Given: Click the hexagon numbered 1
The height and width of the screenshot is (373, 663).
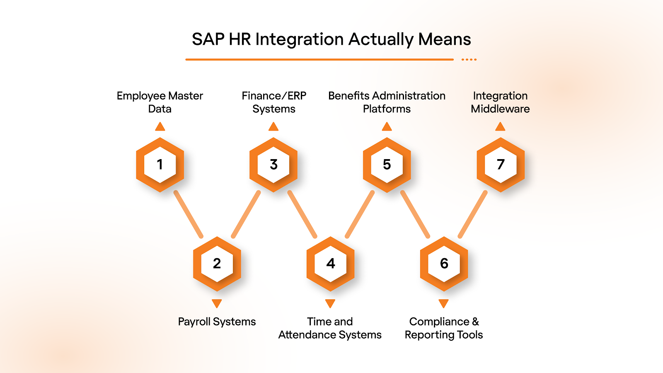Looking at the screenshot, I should tap(160, 165).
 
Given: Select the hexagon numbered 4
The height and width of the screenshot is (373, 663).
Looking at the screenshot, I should tap(330, 264).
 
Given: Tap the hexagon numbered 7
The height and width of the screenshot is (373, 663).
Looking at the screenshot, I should tap(501, 165).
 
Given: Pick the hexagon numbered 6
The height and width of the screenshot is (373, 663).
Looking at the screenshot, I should tap(444, 264).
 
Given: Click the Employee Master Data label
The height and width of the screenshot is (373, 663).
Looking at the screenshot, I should tap(160, 102).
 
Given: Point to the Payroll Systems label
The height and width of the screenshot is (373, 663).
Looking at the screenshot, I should tap(217, 322).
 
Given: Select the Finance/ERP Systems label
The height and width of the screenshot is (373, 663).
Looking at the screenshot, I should tap(274, 102).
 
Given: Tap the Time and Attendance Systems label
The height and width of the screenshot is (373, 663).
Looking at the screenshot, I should tap(330, 328).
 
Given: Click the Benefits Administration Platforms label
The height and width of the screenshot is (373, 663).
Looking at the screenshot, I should tap(387, 102).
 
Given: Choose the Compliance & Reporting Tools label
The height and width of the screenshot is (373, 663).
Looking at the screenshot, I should tap(444, 328).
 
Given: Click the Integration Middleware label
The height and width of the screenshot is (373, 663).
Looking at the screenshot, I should tap(500, 102).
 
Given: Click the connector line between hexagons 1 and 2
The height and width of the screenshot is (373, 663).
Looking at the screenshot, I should tap(189, 214).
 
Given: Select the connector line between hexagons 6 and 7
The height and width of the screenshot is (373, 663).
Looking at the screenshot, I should tap(472, 214).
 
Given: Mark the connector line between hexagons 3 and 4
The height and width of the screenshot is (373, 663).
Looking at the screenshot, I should tap(302, 214).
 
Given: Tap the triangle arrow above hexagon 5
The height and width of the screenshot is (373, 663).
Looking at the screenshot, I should tap(387, 126).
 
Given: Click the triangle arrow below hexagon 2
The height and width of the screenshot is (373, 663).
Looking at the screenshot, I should tap(217, 303).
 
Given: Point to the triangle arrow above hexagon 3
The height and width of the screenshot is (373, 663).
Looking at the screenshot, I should tap(273, 126).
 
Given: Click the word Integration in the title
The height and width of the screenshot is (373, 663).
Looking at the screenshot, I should tap(299, 39).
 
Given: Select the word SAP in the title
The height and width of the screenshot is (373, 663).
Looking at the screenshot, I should tap(208, 39).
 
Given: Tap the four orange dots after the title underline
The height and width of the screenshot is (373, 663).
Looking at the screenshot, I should tap(469, 60).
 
